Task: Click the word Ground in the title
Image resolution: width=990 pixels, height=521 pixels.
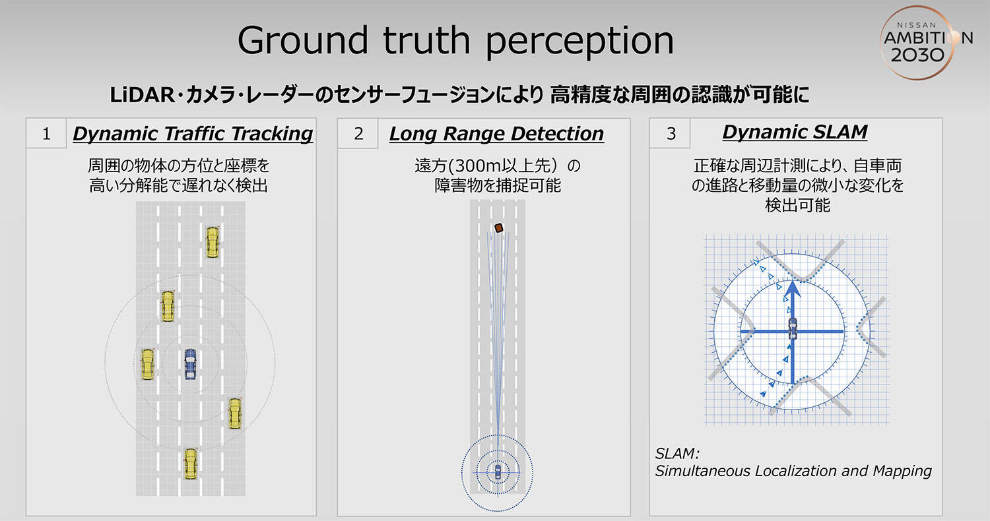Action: point(303,41)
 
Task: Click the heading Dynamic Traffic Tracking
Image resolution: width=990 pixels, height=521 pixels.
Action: point(193,134)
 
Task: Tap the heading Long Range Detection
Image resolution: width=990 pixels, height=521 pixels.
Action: point(496,134)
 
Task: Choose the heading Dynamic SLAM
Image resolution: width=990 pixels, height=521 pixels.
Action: point(795,132)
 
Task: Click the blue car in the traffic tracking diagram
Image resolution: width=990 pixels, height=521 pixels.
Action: point(190,364)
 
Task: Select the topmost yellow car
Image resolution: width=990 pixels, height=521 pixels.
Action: point(213,242)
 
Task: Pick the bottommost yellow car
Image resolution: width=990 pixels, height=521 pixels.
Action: point(191,464)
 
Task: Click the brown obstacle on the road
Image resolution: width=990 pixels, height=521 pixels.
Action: point(499,228)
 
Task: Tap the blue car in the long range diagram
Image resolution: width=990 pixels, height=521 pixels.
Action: point(498,472)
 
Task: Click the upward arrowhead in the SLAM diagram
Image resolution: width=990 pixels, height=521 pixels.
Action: point(793,290)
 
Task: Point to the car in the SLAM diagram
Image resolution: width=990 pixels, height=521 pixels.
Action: point(793,328)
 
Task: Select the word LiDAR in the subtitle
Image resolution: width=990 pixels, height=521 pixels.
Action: point(142,96)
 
